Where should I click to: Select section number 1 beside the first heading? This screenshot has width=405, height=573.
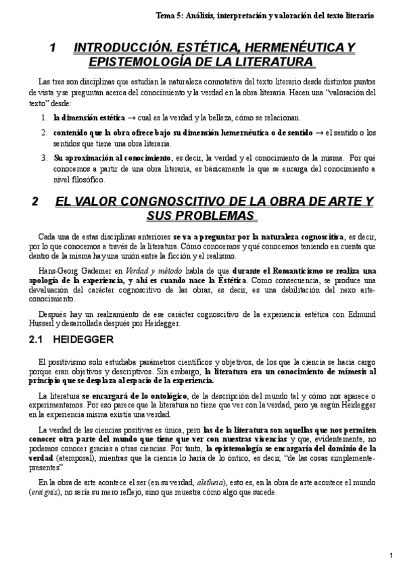point(53,48)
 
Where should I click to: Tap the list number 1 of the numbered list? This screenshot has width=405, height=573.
point(43,118)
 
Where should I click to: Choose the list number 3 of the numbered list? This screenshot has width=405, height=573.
point(43,157)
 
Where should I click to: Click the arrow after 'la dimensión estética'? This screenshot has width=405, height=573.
point(133,118)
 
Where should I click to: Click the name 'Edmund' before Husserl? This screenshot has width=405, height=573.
point(358,313)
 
